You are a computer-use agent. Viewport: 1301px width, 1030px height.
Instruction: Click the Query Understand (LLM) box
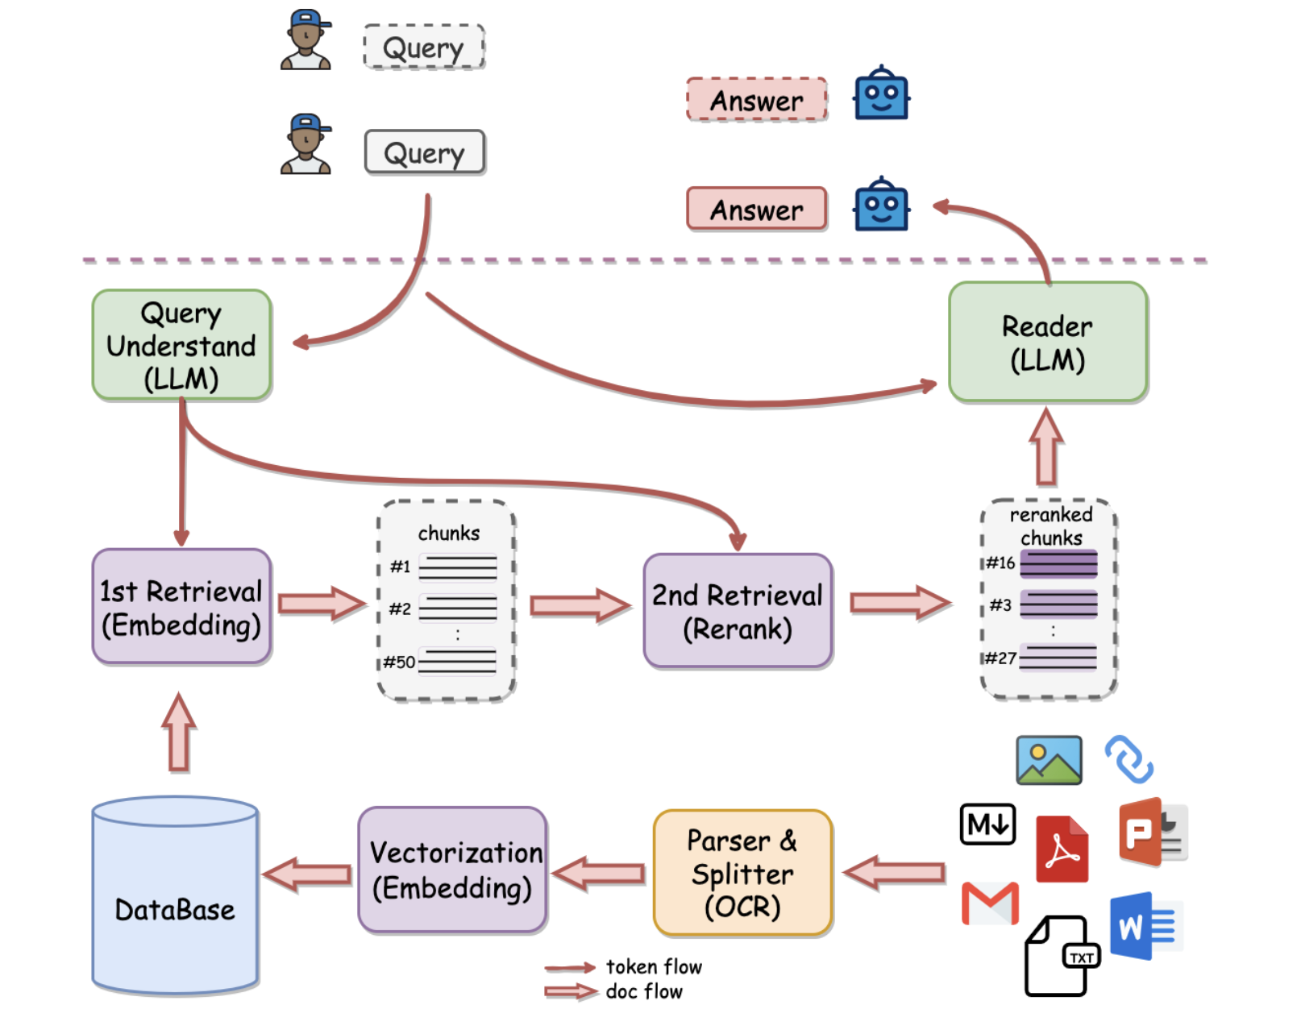point(181,345)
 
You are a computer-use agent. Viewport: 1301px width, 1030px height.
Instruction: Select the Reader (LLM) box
point(1047,343)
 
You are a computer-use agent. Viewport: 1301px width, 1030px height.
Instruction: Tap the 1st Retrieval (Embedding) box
point(181,608)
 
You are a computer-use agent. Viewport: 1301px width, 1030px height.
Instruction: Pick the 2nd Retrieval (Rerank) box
point(737,611)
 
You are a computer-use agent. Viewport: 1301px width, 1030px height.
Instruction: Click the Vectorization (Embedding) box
point(453,870)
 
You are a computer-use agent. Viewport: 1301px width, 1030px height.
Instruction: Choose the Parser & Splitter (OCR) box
point(742,874)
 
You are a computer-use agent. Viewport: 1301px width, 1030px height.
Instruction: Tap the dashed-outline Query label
point(424,48)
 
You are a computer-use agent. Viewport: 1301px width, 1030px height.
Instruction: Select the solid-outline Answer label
point(756,210)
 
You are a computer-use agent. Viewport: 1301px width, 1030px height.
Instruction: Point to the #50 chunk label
point(399,662)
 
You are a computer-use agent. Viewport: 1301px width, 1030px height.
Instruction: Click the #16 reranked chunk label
point(1000,563)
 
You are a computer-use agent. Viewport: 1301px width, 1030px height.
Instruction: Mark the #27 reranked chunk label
point(1000,658)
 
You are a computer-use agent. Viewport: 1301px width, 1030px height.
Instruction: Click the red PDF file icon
point(1062,849)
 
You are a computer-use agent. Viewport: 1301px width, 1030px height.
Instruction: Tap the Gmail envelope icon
point(990,903)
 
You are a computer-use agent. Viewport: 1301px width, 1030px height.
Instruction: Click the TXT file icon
point(1060,956)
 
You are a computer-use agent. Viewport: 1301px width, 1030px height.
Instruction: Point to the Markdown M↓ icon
point(987,824)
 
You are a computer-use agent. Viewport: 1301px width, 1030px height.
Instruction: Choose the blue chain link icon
point(1129,759)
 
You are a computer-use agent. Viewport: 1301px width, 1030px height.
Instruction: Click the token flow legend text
point(653,966)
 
